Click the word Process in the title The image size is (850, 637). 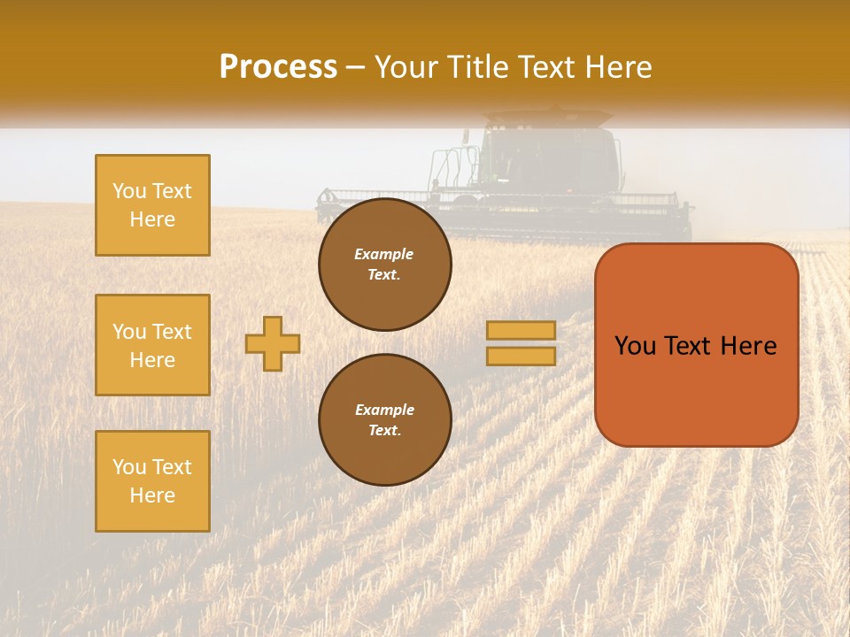pyautogui.click(x=278, y=67)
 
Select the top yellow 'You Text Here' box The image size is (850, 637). pyautogui.click(x=152, y=205)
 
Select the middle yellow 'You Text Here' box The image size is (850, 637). pyautogui.click(x=152, y=345)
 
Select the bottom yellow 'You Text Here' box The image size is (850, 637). pyautogui.click(x=152, y=481)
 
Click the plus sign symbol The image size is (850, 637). pyautogui.click(x=273, y=343)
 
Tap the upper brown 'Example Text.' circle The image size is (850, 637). pyautogui.click(x=384, y=265)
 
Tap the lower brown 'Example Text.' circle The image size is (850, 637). pyautogui.click(x=384, y=420)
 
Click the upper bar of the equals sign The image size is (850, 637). pyautogui.click(x=522, y=331)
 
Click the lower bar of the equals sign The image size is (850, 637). pyautogui.click(x=522, y=356)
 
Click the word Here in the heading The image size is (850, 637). pyautogui.click(x=619, y=67)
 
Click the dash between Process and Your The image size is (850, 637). pyautogui.click(x=356, y=67)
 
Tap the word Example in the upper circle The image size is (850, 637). pyautogui.click(x=384, y=254)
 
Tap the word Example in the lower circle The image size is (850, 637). pyautogui.click(x=384, y=410)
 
